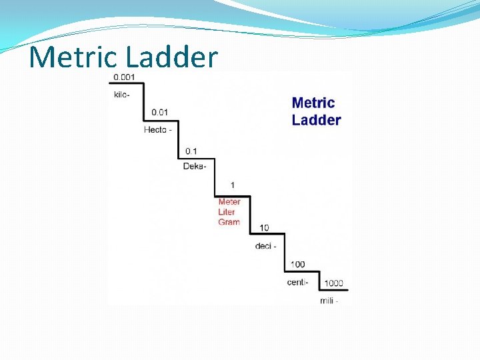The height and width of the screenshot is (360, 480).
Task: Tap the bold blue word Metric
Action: click(313, 103)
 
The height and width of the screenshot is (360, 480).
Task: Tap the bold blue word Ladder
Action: click(316, 120)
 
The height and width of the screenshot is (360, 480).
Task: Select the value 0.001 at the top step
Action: click(124, 77)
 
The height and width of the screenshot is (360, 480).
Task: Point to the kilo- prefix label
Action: click(121, 95)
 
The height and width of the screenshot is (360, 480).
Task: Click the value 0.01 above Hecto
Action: click(159, 112)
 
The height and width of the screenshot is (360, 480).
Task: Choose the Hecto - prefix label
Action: click(157, 129)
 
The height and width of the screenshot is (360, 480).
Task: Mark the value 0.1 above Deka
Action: click(191, 151)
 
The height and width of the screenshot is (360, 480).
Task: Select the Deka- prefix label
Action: click(195, 165)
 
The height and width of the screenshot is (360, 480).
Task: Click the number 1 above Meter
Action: click(233, 185)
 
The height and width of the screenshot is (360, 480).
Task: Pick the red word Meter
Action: click(229, 202)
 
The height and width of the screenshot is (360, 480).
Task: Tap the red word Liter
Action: click(227, 212)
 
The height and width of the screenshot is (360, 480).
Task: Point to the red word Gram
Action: click(229, 222)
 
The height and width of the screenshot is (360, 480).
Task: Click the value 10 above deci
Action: click(264, 228)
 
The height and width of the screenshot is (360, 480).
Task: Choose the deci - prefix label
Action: click(265, 246)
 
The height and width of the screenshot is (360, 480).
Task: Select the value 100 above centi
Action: click(297, 265)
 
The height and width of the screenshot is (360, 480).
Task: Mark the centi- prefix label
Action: click(298, 282)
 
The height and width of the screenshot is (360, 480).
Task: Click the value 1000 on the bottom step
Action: click(333, 283)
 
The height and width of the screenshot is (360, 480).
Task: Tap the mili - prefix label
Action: click(329, 301)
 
